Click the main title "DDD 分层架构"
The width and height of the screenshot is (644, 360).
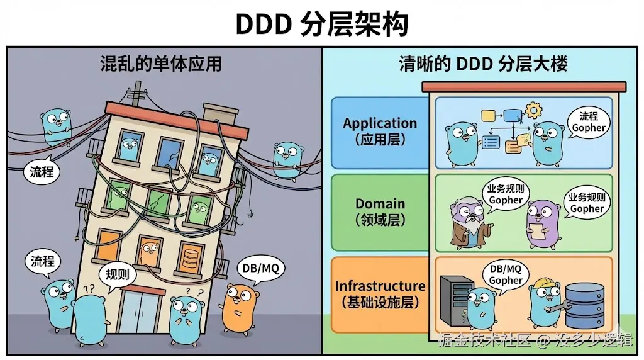321,23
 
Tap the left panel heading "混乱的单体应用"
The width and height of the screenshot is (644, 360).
161,64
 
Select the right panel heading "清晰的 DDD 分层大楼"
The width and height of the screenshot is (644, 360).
484,64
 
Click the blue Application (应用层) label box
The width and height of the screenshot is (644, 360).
380,133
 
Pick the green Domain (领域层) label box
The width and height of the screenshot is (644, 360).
380,213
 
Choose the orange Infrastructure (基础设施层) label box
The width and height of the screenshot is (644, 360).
380,295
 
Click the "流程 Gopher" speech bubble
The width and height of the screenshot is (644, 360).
588,122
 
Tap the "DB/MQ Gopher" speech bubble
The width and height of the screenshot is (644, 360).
505,275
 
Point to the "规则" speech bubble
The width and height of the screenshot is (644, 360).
117,274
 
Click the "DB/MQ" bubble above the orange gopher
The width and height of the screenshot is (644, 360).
260,269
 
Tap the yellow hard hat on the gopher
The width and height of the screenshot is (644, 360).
545,283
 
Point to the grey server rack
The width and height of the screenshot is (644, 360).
455,301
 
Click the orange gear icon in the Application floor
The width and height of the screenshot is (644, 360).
533,110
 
